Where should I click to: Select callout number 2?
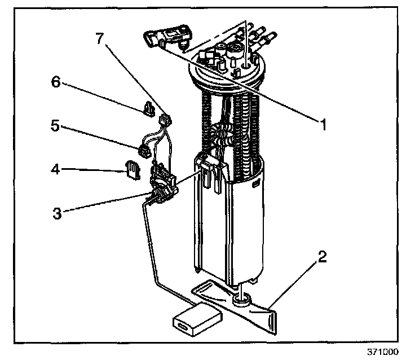tap(321, 257)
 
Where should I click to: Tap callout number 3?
tap(57, 213)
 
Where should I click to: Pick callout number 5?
tap(55, 126)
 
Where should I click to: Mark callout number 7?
tap(99, 38)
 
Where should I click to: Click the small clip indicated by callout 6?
tap(149, 108)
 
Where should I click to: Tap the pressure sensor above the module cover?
tap(169, 37)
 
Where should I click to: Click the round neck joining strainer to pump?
tap(241, 300)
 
